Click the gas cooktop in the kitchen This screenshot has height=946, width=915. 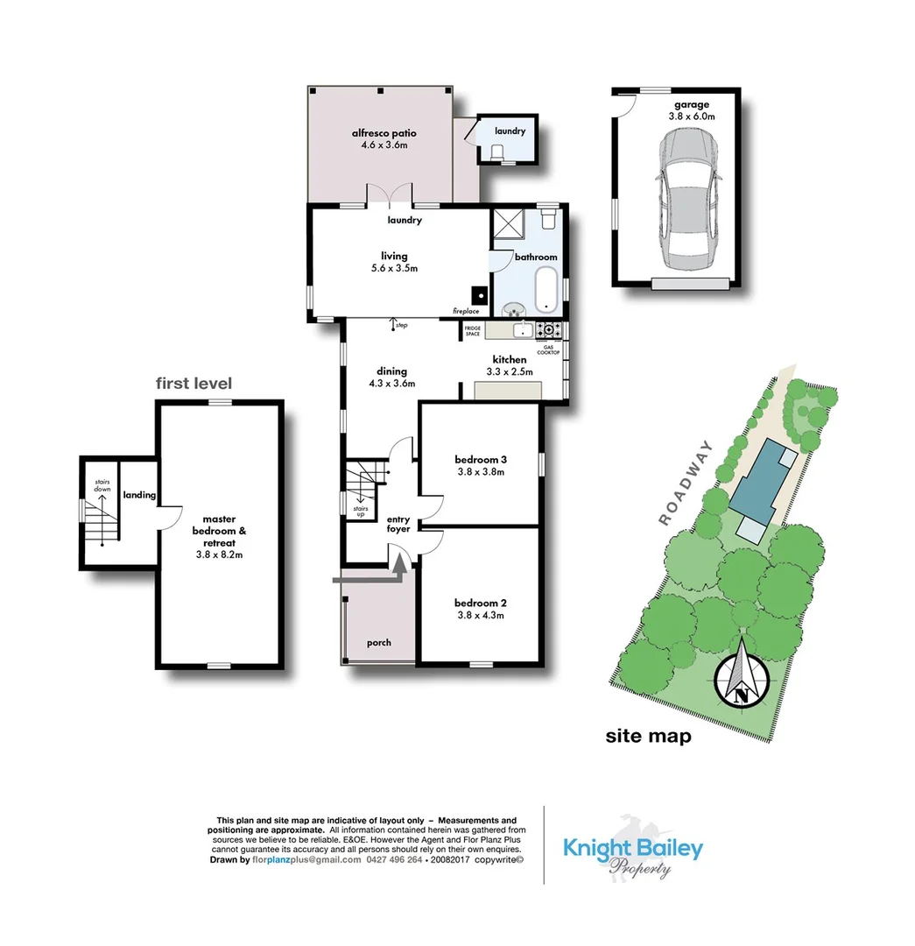tap(552, 330)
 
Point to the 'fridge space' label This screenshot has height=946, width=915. tap(473, 331)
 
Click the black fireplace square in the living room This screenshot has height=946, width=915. tap(478, 294)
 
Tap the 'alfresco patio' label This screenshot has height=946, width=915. tap(384, 139)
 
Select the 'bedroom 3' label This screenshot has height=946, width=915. tap(481, 465)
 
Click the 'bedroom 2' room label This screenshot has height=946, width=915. tap(481, 608)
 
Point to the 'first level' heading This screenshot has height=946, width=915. tap(194, 383)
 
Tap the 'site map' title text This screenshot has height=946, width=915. tap(648, 736)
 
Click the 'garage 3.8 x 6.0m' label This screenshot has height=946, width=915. tap(691, 110)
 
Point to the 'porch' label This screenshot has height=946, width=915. tap(379, 643)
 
